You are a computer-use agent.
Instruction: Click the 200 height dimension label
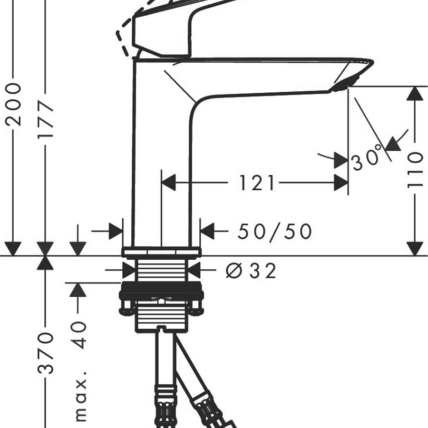[13, 105]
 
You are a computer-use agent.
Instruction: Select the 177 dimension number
[46, 119]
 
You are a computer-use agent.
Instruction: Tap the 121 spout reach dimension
[257, 183]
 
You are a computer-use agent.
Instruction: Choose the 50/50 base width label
[274, 232]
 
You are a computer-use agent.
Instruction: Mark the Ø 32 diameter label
[251, 271]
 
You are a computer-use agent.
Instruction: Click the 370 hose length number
[46, 353]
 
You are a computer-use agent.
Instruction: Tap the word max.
[81, 396]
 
